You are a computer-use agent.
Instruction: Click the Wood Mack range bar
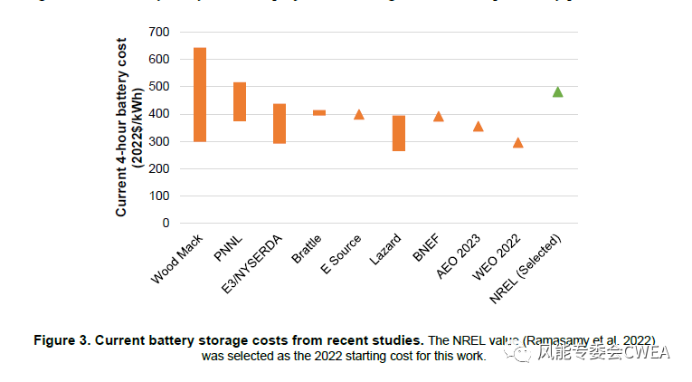coord(200,95)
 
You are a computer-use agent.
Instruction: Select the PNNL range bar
coord(240,101)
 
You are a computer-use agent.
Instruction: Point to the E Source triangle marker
coord(359,114)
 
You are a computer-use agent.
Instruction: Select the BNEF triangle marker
coord(439,116)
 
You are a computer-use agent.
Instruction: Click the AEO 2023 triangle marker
coord(478,126)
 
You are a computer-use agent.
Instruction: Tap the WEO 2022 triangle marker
coord(517,142)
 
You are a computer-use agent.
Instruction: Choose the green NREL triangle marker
coord(557,91)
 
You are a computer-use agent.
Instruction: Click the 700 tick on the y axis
coord(159,33)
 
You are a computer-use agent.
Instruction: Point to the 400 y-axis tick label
coord(159,114)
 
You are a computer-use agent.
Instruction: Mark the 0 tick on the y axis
coord(166,223)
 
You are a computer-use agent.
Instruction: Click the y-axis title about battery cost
coord(128,132)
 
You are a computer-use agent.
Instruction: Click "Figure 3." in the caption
coord(63,340)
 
